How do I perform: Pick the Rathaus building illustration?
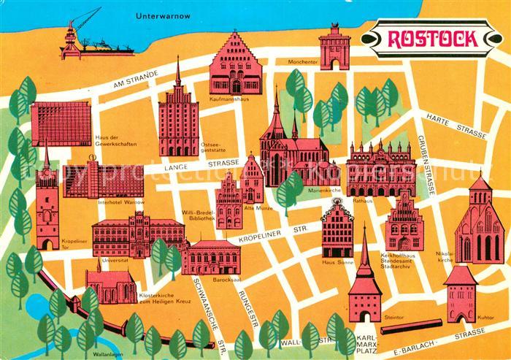380,169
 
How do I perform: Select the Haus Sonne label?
337,261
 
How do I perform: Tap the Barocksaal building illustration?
211,257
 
